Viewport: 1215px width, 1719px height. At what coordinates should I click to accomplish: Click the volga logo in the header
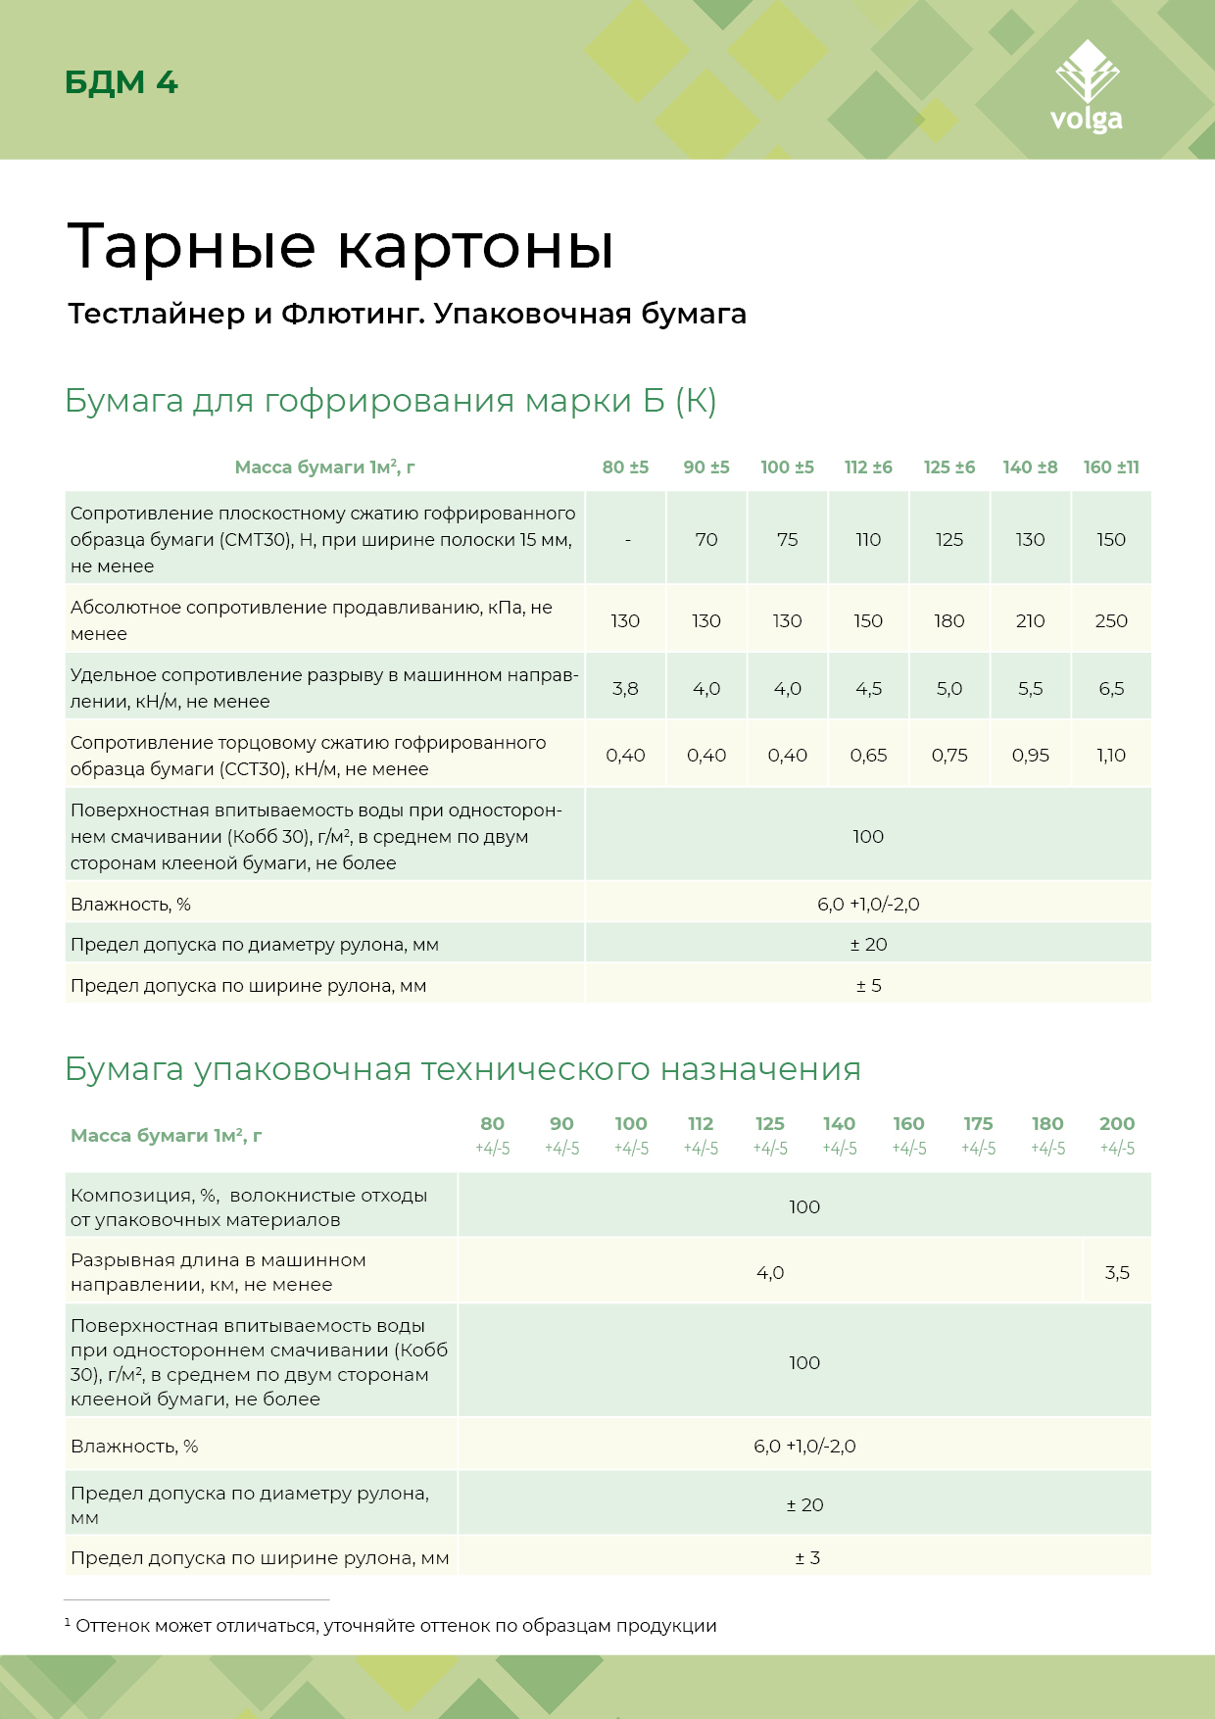pyautogui.click(x=1086, y=88)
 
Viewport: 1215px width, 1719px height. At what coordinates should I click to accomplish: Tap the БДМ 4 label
pyautogui.click(x=121, y=82)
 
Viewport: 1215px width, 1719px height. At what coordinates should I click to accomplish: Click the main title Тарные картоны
pyautogui.click(x=340, y=246)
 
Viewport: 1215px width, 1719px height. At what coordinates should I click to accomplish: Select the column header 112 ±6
pyautogui.click(x=868, y=467)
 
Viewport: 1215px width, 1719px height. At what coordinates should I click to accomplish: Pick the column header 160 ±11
pyautogui.click(x=1111, y=467)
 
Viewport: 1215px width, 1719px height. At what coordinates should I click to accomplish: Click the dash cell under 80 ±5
pyautogui.click(x=627, y=540)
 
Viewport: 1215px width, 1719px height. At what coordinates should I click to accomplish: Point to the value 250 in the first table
pyautogui.click(x=1111, y=621)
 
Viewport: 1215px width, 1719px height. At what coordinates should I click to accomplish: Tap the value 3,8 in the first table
pyautogui.click(x=625, y=689)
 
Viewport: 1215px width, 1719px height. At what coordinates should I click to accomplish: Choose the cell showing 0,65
pyautogui.click(x=868, y=756)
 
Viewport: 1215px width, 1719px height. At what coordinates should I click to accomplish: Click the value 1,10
pyautogui.click(x=1111, y=756)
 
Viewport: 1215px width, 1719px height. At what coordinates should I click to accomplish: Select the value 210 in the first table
pyautogui.click(x=1030, y=621)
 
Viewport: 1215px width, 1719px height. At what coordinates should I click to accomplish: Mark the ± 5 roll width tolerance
pyautogui.click(x=868, y=986)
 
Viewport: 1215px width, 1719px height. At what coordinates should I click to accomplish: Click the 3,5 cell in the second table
pyautogui.click(x=1117, y=1273)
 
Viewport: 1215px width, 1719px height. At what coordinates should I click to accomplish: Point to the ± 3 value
pyautogui.click(x=807, y=1558)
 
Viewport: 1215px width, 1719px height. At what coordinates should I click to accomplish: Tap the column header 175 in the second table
pyautogui.click(x=978, y=1124)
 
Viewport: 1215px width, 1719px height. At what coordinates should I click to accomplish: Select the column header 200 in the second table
pyautogui.click(x=1117, y=1124)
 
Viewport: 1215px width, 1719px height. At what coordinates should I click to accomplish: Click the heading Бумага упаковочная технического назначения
pyautogui.click(x=462, y=1069)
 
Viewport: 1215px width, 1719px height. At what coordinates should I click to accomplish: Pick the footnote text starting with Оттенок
pyautogui.click(x=396, y=1626)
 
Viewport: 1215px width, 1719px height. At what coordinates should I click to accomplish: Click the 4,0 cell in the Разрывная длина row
pyautogui.click(x=770, y=1273)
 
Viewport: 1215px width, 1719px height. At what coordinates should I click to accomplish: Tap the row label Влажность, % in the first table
pyautogui.click(x=130, y=905)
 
